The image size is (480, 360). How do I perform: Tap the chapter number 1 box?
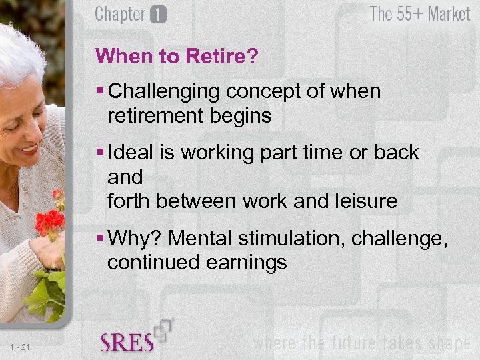(158, 15)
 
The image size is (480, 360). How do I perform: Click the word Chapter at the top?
(121, 15)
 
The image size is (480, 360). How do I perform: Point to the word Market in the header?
(449, 14)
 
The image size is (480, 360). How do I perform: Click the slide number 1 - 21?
(21, 345)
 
